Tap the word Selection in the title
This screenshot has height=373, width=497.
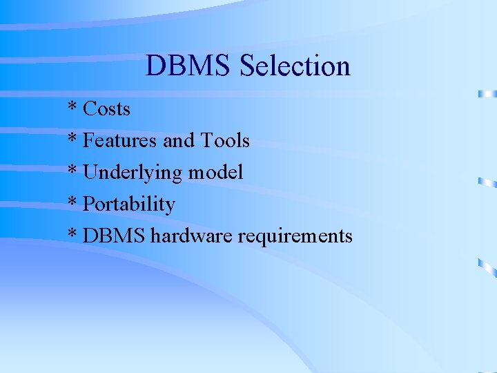pyautogui.click(x=295, y=66)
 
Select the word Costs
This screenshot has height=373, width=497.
pyautogui.click(x=106, y=108)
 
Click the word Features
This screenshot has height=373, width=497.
pyautogui.click(x=120, y=141)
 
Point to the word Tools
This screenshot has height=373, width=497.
pyautogui.click(x=225, y=141)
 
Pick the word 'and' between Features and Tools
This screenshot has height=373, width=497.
pyautogui.click(x=179, y=141)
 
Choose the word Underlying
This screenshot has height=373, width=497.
pyautogui.click(x=131, y=173)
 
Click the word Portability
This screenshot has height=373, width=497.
pyautogui.click(x=128, y=204)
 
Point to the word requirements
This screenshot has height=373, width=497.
pyautogui.click(x=295, y=237)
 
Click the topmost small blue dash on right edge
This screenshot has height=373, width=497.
pyautogui.click(x=487, y=93)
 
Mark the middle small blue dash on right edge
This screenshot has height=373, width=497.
pyautogui.click(x=487, y=182)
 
